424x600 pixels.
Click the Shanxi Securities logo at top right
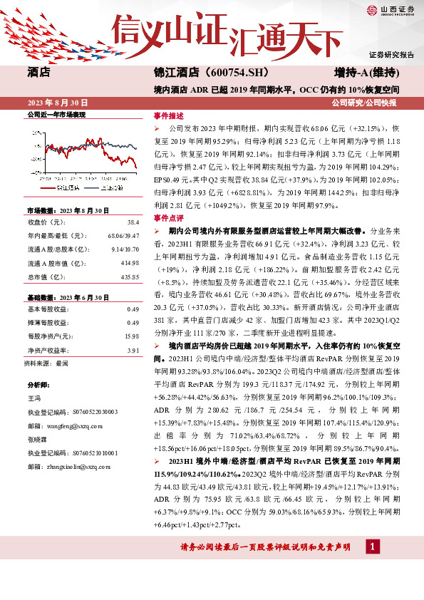(x=391, y=9)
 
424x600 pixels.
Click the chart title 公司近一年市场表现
(x=56, y=114)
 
